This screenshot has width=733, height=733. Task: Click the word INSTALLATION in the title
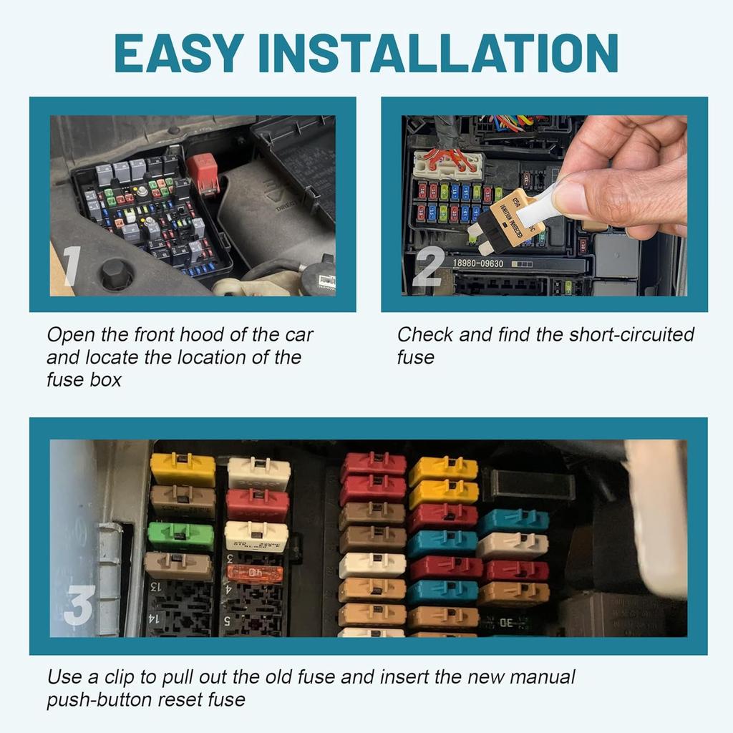(x=438, y=52)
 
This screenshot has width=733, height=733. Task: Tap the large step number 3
(x=79, y=605)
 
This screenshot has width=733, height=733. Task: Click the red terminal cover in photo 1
(x=203, y=173)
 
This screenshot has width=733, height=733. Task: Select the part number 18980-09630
(x=477, y=263)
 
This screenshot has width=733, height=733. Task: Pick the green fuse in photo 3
(x=180, y=535)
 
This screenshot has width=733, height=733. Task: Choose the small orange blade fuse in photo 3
(x=254, y=573)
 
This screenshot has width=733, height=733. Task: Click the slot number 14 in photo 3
(x=153, y=617)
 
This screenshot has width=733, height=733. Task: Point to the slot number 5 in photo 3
(x=228, y=621)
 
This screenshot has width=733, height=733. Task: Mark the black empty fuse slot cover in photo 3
(x=528, y=485)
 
